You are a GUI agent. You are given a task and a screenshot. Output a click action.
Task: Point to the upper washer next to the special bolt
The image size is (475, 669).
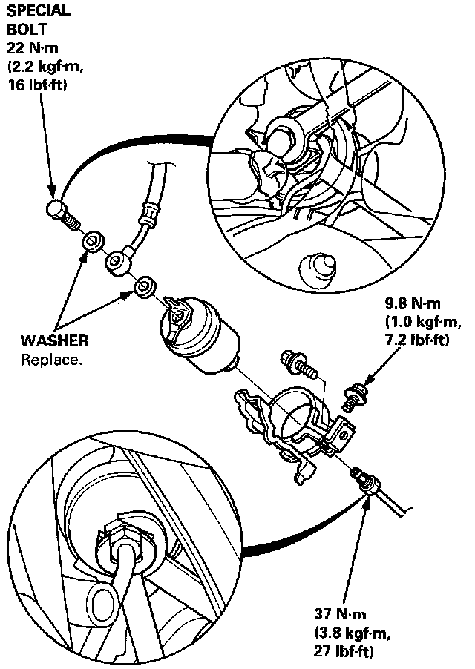pyautogui.click(x=93, y=241)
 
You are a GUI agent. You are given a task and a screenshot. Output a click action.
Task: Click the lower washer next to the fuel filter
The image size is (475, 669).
pyautogui.click(x=144, y=286)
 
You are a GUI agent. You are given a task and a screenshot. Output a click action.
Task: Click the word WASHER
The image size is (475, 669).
pyautogui.click(x=55, y=342)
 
